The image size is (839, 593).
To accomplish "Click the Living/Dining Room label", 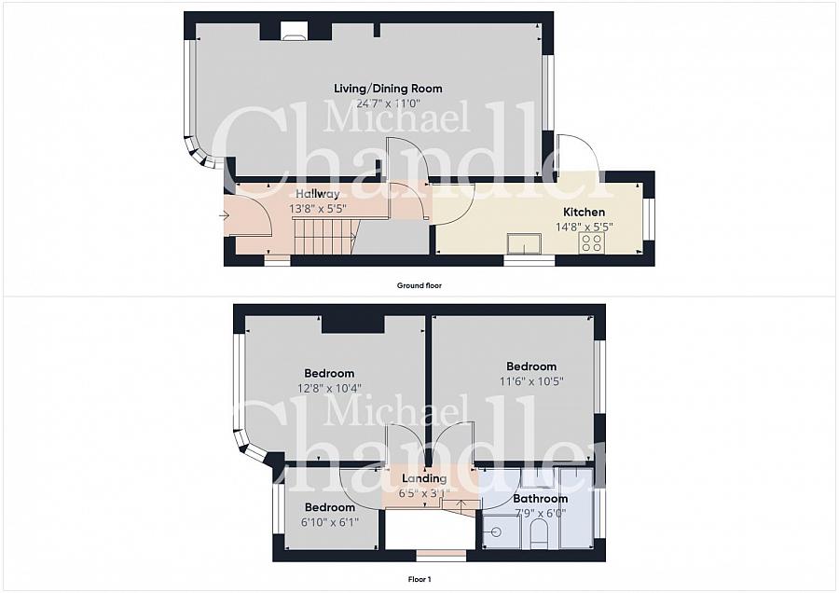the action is tap(388, 89).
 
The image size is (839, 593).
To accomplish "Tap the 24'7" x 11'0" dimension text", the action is tap(389, 103).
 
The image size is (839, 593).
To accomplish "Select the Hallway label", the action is tap(318, 194).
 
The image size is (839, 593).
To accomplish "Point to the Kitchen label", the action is tap(585, 212).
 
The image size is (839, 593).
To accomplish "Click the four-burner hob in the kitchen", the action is tap(591, 242).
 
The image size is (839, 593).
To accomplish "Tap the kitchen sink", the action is tap(525, 243).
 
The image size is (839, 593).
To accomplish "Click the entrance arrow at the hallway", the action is tap(224, 215).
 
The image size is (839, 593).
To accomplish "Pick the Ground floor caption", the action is tap(419, 286).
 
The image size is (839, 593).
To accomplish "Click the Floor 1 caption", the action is tap(419, 579).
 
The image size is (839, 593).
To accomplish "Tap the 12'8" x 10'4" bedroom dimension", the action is tap(330, 388).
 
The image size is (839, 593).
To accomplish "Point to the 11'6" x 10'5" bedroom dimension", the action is tap(532, 381).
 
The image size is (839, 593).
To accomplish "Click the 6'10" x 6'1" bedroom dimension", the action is tap(330, 521).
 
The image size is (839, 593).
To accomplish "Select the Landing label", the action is tap(424, 478).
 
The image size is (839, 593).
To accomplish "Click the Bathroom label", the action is tap(541, 498).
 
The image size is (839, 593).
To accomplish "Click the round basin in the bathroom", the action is tap(496, 532).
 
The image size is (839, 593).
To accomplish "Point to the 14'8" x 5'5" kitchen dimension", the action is tap(585, 227).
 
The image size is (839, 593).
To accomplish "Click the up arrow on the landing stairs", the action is tap(461, 504).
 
